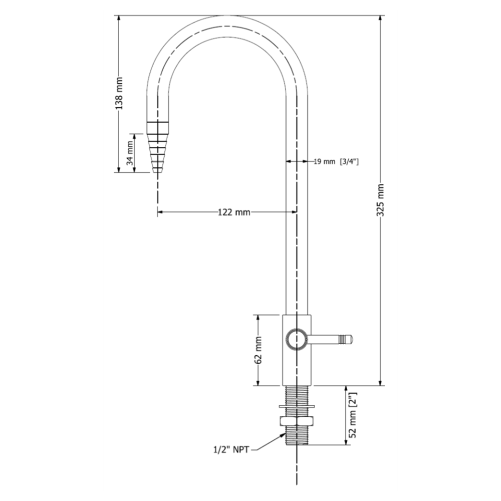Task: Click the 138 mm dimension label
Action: click(x=119, y=93)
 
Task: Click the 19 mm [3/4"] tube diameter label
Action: click(x=336, y=161)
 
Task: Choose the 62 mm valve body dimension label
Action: click(x=258, y=350)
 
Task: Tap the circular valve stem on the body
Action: click(x=297, y=339)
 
